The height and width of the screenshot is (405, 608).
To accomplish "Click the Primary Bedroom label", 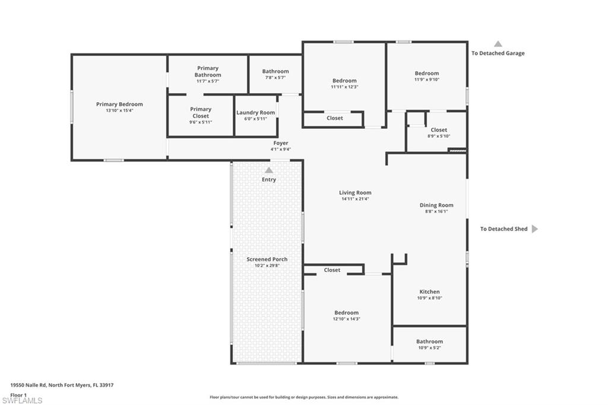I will [x=119, y=105].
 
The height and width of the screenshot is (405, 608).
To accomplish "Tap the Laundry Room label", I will [x=255, y=113].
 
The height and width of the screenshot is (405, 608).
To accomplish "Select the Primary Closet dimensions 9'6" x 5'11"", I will [x=201, y=122].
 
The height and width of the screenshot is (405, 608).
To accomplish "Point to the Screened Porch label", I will [x=267, y=260].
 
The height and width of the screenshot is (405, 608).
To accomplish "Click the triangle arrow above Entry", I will [x=269, y=170].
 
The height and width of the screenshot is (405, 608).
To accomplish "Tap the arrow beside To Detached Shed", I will [x=534, y=229].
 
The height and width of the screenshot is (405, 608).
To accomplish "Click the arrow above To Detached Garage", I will [x=498, y=44].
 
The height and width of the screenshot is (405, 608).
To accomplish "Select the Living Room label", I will [x=355, y=192].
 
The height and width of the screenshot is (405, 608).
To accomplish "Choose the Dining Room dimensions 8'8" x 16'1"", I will [x=436, y=211].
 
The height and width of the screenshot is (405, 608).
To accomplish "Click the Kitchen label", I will [x=429, y=292].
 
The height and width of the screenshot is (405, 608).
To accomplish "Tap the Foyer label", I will [x=281, y=143].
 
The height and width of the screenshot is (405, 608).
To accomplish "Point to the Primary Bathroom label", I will [x=208, y=72].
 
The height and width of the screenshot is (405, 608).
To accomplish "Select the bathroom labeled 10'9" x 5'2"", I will [x=429, y=344].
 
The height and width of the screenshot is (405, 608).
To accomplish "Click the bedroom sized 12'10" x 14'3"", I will [x=346, y=315].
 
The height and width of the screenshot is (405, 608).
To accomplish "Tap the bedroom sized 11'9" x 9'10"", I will [x=427, y=76].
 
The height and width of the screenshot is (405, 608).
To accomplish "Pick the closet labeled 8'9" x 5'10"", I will [x=439, y=132].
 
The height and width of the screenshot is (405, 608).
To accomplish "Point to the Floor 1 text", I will [x=18, y=394].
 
